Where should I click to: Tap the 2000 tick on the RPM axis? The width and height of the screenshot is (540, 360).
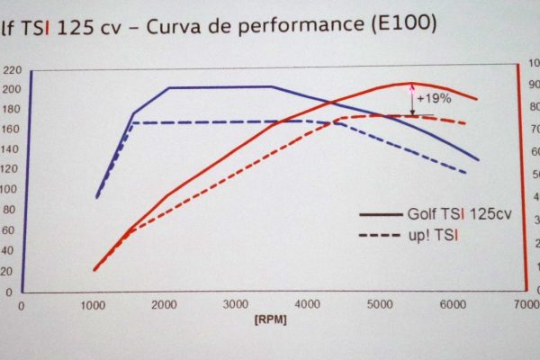pos(165,304)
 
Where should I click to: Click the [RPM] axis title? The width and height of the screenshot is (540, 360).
pos(271,318)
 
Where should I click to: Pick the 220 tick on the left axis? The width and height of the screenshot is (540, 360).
pos(12,70)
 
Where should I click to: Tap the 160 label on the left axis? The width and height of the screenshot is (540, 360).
pos(11,130)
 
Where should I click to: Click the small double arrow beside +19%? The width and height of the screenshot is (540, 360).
pos(413,99)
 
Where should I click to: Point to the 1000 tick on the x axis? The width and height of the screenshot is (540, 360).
pos(93,304)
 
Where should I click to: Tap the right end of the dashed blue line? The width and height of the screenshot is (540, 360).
pos(465,172)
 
